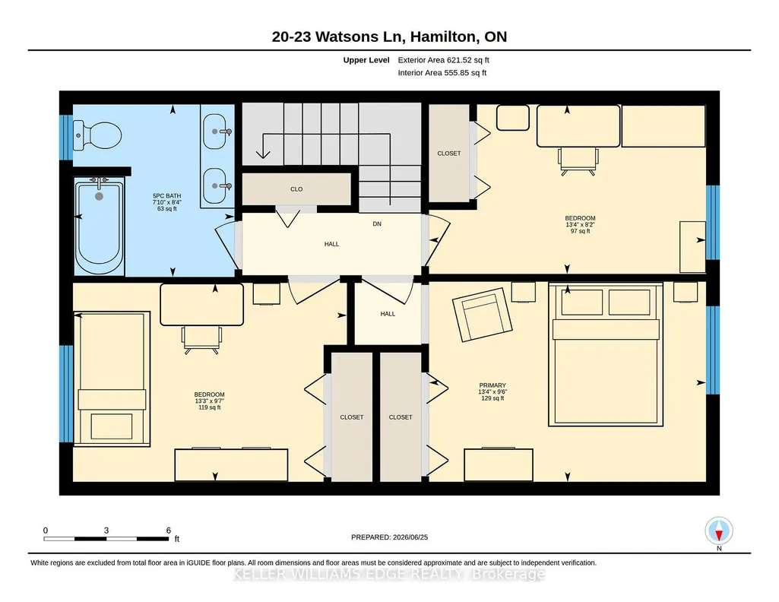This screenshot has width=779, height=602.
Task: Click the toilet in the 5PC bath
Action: [97, 135]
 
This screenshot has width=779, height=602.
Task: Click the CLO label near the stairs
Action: [296, 189]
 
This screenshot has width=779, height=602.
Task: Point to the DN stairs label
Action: [377, 224]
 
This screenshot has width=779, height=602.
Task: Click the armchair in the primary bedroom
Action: [482, 315]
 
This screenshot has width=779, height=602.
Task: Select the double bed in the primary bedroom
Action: [606, 355]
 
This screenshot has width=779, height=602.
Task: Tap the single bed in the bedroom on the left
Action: [112, 379]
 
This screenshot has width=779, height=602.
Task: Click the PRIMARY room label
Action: [492, 385]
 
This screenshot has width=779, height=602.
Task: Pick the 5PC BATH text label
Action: [167, 195]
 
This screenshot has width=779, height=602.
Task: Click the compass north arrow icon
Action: [719, 531]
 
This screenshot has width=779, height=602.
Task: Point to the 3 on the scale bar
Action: [106, 531]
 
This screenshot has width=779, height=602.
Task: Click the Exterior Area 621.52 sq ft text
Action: [444, 60]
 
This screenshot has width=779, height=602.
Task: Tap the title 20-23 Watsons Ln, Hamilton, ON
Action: [389, 36]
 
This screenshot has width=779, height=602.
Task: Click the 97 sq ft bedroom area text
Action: [581, 231]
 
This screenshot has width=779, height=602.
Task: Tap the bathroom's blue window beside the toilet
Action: [66, 138]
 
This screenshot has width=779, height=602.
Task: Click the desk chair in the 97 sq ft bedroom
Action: [578, 161]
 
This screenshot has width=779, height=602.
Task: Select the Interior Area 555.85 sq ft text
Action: [442, 72]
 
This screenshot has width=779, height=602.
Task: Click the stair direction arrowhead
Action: [263, 154]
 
